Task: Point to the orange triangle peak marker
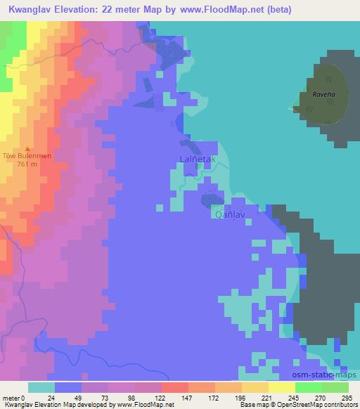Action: click(x=27, y=149)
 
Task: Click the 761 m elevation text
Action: click(x=27, y=165)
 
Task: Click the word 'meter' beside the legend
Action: click(x=11, y=398)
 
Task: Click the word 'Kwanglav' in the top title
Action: click(x=31, y=11)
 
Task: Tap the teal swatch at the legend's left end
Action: click(x=41, y=388)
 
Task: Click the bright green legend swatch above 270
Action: click(x=309, y=388)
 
